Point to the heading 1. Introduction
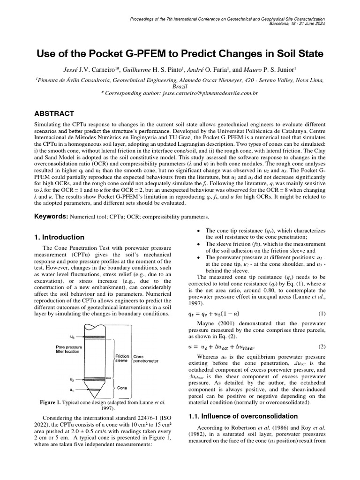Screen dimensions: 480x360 click(60, 237)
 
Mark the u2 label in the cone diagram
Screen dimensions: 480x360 click(71, 379)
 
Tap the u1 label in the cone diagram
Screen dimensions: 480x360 click(71, 390)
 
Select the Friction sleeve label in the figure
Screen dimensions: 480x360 click(122, 359)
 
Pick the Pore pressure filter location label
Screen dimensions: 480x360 click(70, 349)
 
